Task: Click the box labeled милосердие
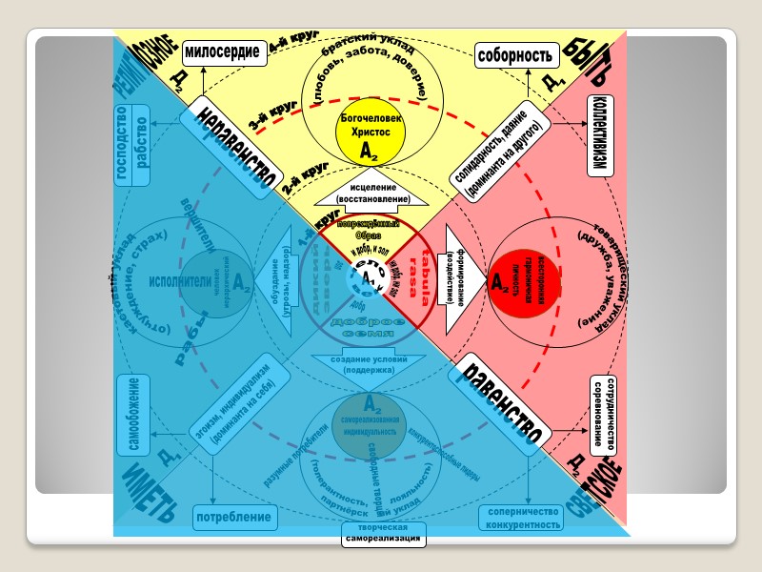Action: [x=222, y=54]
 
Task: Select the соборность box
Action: [x=514, y=56]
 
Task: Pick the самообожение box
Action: [x=133, y=414]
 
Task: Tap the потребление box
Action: [x=234, y=518]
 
